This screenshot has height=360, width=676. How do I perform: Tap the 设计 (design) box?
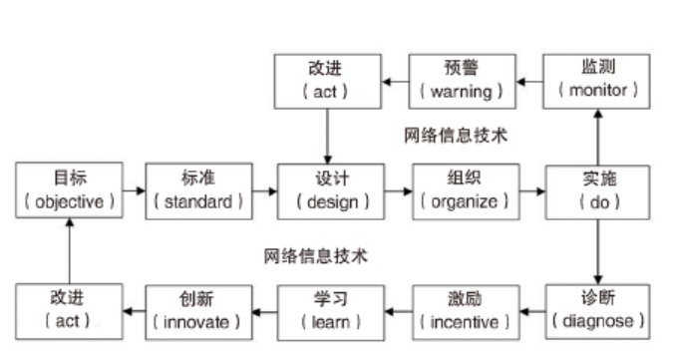pos(328,191)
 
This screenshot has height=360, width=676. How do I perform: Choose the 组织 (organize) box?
pos(463,191)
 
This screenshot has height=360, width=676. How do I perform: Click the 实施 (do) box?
pos(597,191)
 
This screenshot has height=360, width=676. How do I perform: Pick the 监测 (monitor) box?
pos(597,82)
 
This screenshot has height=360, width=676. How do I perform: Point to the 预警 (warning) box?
pos(463,82)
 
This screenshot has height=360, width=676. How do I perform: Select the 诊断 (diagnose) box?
pos(597,310)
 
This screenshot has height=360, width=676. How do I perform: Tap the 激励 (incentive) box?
pos(463,310)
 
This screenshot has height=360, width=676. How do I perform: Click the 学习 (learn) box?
pos(328,310)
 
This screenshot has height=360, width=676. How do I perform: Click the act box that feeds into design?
pos(328,82)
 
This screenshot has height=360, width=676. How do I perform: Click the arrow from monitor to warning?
pos(529,82)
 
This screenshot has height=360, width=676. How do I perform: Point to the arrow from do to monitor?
pos(597,137)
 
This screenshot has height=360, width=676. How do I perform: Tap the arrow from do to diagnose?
pos(597,250)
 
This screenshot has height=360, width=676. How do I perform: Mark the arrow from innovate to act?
pos(134,310)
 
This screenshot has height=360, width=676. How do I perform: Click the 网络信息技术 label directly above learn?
pos(316,255)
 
